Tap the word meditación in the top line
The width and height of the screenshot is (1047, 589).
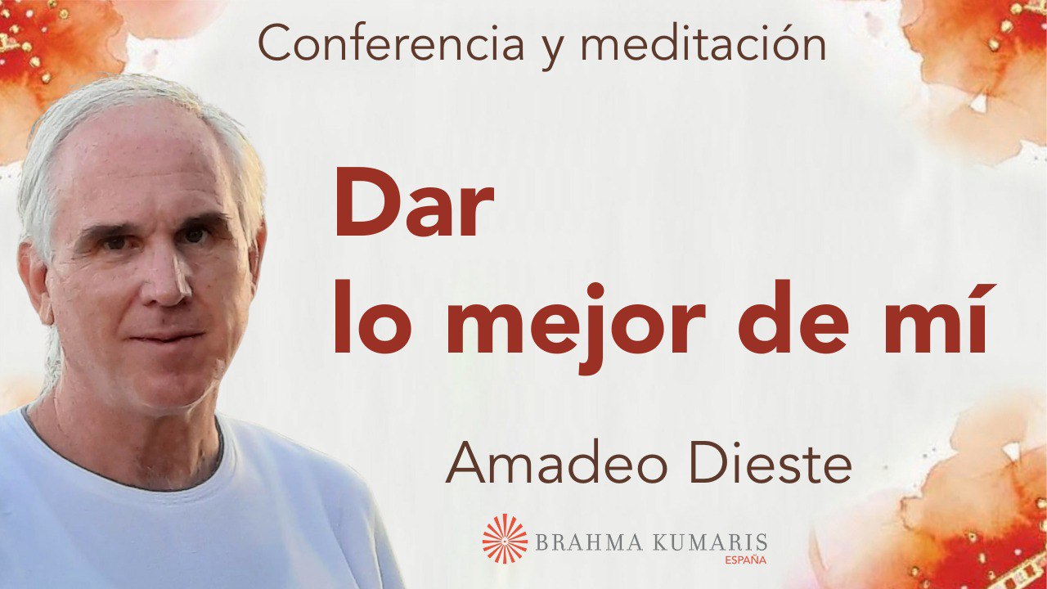click(703, 45)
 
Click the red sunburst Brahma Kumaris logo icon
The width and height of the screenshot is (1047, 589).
click(505, 538)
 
